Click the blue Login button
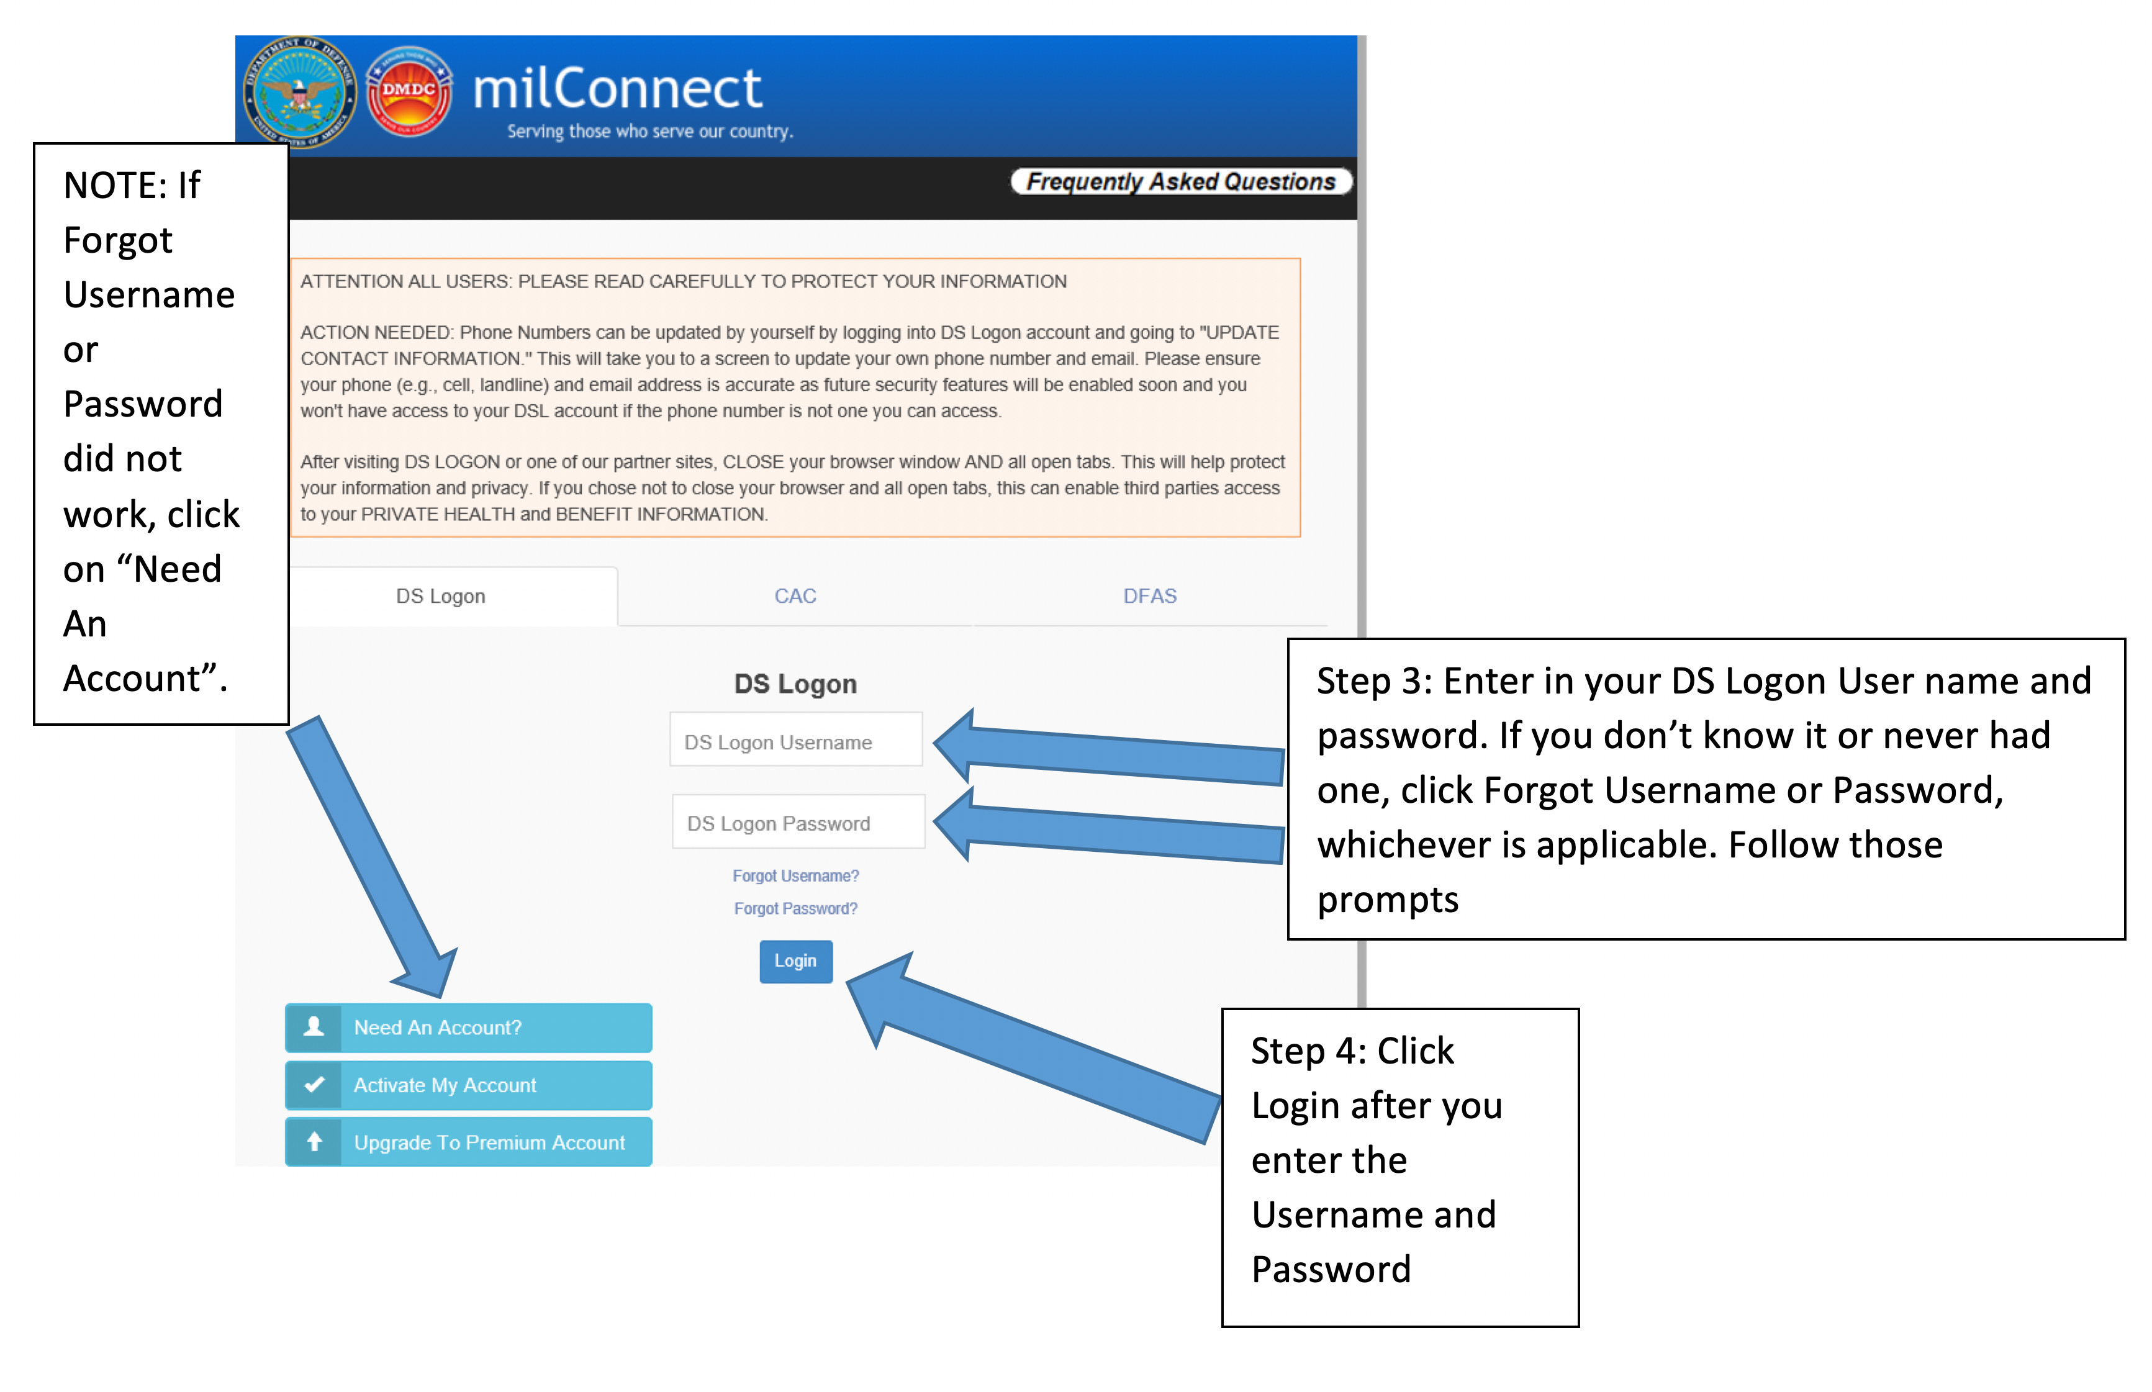click(795, 961)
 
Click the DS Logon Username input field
click(795, 741)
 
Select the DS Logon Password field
click(798, 823)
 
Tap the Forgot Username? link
click(795, 876)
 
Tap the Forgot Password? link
click(795, 908)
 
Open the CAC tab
click(795, 595)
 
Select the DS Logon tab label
click(440, 595)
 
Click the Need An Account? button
click(468, 1028)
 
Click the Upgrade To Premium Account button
click(468, 1142)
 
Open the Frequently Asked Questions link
click(1180, 182)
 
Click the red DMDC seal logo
click(409, 91)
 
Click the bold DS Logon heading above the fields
click(795, 684)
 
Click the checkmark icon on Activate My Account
click(314, 1085)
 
